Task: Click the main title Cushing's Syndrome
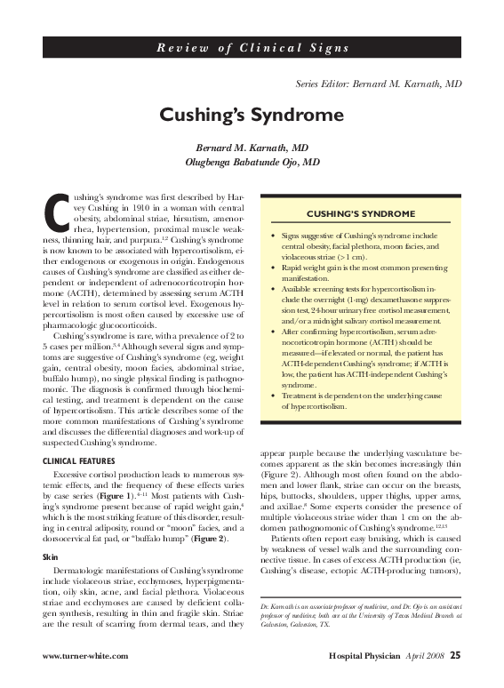252,115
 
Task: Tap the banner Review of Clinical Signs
252,47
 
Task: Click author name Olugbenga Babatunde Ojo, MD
252,163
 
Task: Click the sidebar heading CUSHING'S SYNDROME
360,214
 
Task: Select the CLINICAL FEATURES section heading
80,460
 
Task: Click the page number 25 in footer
454,657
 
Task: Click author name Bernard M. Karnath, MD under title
252,148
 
